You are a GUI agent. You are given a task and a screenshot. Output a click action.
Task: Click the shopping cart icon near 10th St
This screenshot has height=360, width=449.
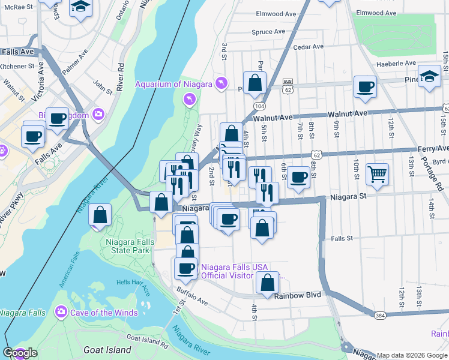[377, 175]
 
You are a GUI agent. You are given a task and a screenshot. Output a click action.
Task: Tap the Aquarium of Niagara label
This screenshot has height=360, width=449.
[173, 84]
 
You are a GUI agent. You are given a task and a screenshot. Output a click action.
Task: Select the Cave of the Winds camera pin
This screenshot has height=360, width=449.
[61, 312]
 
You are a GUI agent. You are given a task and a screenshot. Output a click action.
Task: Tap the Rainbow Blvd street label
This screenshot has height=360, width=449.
[298, 295]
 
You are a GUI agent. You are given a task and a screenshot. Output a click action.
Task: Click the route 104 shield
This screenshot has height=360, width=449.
[259, 106]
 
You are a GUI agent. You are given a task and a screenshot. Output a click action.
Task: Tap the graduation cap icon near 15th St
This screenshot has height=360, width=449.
[429, 76]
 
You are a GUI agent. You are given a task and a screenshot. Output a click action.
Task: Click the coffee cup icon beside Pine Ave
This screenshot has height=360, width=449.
[364, 87]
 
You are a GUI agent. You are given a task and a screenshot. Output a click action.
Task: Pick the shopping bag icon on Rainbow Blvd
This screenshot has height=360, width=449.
[267, 283]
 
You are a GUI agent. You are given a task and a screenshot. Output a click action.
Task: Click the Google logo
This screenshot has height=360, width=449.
[20, 353]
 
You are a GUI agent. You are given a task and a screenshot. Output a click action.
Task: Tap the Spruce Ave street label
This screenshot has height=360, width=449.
[269, 32]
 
